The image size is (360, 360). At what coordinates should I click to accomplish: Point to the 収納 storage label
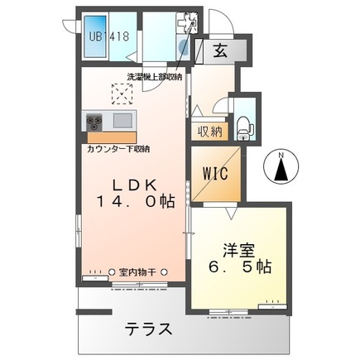point(209,131)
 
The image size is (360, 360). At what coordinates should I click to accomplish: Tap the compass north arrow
point(281,170)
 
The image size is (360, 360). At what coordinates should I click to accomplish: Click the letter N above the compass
point(281,154)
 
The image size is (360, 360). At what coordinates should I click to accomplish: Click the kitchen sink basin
point(122,121)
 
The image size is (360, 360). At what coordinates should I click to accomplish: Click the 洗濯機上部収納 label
point(154,78)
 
